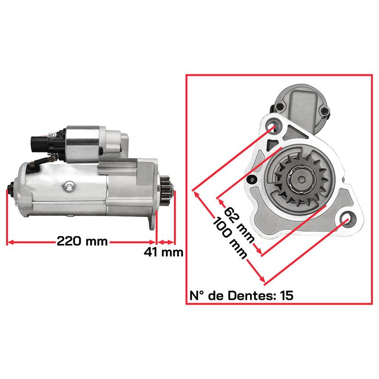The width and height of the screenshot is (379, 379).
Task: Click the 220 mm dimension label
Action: pyautogui.click(x=82, y=241)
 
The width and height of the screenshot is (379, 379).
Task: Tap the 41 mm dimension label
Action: pyautogui.click(x=163, y=253)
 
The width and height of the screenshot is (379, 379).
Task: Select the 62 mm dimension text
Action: pyautogui.click(x=240, y=225)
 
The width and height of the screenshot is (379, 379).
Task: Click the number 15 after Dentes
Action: pyautogui.click(x=287, y=295)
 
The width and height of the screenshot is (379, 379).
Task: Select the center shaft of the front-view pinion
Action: pyautogui.click(x=302, y=180)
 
